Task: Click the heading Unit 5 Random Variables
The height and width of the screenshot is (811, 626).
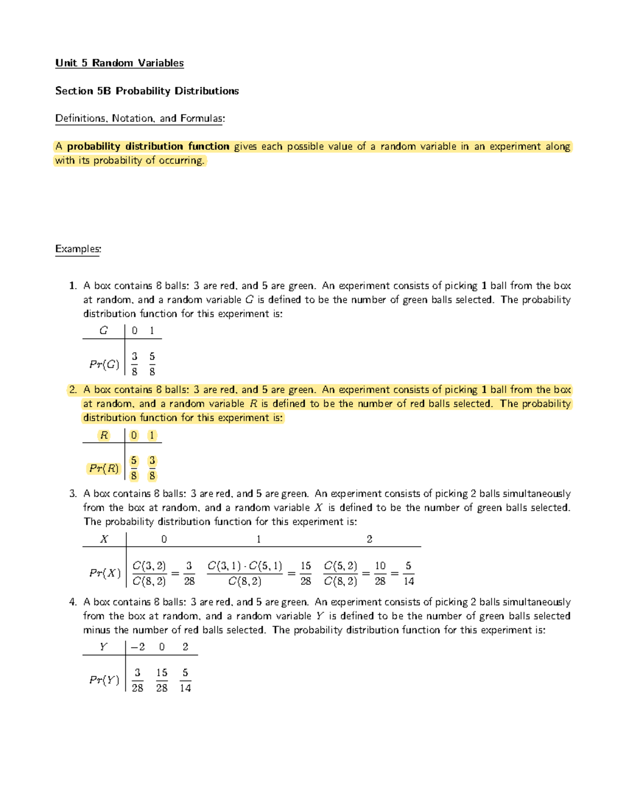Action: pos(119,63)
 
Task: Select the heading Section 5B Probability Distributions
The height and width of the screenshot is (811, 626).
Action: pos(147,91)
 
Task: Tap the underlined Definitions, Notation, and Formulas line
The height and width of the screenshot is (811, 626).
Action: pos(140,119)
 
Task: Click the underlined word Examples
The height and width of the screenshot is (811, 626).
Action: pos(78,249)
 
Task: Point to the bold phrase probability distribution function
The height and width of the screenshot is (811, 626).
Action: pos(148,147)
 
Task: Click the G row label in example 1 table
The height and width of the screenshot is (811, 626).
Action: pos(104,331)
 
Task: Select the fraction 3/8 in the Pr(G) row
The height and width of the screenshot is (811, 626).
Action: pos(135,364)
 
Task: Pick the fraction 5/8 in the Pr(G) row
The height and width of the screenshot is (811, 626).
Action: pos(152,364)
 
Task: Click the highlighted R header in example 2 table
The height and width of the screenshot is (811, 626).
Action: pos(104,436)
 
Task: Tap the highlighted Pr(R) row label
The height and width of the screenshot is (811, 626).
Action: pos(104,468)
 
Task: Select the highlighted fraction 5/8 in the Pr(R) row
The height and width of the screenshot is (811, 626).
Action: pos(134,468)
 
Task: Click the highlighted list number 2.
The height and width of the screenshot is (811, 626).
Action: pos(73,390)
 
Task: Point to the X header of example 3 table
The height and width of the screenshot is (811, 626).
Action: pos(104,539)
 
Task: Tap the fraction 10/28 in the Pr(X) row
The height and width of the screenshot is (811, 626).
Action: pos(380,573)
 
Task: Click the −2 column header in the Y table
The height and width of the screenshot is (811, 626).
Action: pos(138,647)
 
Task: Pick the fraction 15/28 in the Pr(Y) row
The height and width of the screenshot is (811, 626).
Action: pos(162,680)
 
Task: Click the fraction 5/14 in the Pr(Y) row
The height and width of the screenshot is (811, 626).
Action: pos(185,680)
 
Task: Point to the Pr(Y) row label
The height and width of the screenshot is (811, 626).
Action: pos(104,680)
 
